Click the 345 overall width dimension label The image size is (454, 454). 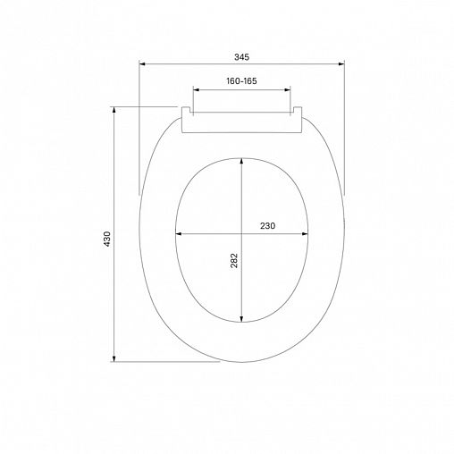[x=241, y=56]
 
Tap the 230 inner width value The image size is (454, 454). [x=267, y=226]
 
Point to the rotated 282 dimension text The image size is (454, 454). [x=234, y=260]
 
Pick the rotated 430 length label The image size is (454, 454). [x=106, y=239]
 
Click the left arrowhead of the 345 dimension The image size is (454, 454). [x=142, y=64]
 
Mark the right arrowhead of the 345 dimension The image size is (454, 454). [x=342, y=64]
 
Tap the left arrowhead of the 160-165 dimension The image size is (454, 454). [x=194, y=90]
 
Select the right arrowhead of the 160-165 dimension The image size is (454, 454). [x=290, y=90]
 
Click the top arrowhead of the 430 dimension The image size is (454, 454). [x=114, y=109]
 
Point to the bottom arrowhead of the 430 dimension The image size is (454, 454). [x=114, y=359]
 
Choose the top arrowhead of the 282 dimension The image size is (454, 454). [x=242, y=160]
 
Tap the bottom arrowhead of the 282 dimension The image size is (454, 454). [x=242, y=321]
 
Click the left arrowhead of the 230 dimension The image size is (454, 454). [x=178, y=234]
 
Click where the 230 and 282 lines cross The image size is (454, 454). [x=242, y=234]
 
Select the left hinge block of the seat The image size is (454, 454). [x=188, y=113]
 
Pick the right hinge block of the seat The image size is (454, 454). [x=298, y=113]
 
